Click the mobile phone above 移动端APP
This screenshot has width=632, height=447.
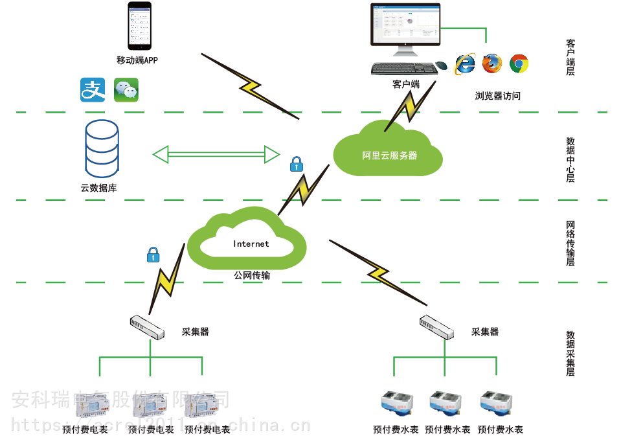tap(139, 26)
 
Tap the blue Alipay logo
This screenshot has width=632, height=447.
tap(93, 89)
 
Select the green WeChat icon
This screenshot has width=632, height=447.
tap(126, 89)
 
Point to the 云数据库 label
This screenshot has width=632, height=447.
tap(98, 188)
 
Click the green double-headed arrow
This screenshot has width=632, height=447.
tap(216, 154)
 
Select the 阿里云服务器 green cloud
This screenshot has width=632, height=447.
tap(387, 152)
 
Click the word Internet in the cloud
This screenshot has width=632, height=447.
tap(251, 244)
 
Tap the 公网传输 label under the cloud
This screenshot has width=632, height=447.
tap(252, 276)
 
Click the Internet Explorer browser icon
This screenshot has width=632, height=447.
tap(465, 63)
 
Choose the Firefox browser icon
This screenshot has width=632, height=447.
tap(492, 63)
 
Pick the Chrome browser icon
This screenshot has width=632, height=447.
tap(519, 63)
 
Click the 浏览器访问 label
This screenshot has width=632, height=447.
tap(497, 96)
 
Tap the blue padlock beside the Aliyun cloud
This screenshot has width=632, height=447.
tap(297, 164)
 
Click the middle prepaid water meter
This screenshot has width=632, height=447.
tap(446, 402)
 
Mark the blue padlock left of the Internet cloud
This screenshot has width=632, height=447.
tap(153, 255)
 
